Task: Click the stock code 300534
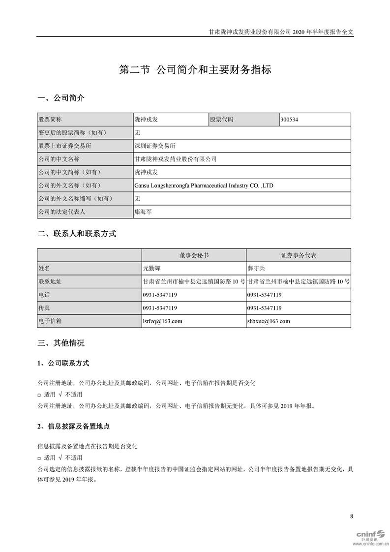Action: coord(289,120)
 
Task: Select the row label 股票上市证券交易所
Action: coord(64,146)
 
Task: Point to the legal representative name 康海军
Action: coord(144,212)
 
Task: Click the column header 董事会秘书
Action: coord(194,255)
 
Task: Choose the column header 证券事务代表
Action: coord(299,255)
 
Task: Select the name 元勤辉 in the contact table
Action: coord(152,269)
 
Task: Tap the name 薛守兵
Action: coord(256,269)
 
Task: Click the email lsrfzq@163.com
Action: coord(162,321)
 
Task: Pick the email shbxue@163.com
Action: coord(269,321)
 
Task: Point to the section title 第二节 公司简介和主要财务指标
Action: coord(195,70)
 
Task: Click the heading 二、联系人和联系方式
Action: coord(77,234)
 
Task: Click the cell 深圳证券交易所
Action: coord(155,146)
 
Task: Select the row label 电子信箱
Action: coord(51,321)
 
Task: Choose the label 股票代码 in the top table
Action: coord(222,120)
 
